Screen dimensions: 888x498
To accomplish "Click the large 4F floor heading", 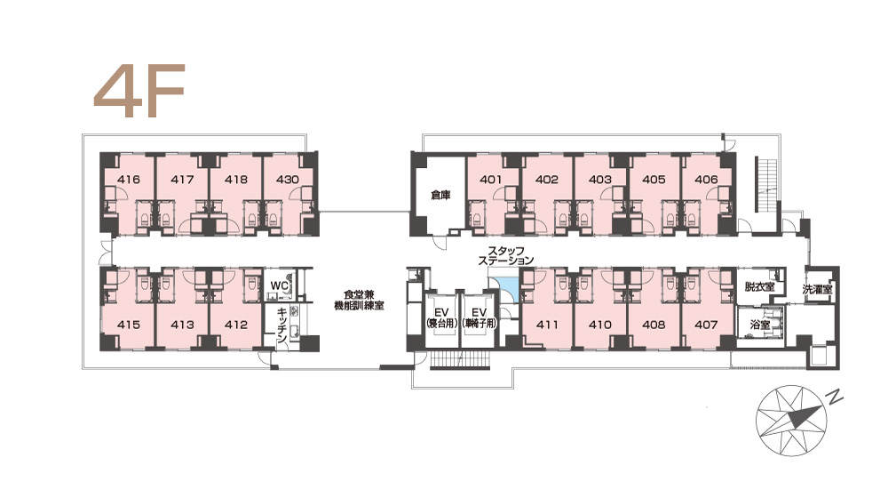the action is [139, 90].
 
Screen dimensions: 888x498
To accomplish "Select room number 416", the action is [129, 180].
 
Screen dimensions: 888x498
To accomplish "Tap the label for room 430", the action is [287, 180].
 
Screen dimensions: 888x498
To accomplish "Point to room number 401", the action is [491, 180].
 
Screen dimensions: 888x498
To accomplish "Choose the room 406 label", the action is [706, 180].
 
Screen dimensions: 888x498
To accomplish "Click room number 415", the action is [129, 325].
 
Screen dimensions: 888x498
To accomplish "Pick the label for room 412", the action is [236, 325].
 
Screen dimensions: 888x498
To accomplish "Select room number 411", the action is [547, 325].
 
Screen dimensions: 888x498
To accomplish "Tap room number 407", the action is [706, 325].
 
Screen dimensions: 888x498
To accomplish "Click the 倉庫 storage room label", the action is [440, 195].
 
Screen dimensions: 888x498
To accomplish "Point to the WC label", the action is [279, 285].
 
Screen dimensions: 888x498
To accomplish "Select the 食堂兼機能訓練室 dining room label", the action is [359, 300].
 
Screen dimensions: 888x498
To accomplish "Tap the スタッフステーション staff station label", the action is [506, 255].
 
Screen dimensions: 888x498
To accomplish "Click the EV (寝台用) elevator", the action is [441, 317].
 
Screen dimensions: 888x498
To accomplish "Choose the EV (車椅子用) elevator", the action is [480, 317].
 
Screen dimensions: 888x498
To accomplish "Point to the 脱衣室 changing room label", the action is [759, 287].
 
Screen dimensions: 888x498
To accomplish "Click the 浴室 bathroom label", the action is [759, 325].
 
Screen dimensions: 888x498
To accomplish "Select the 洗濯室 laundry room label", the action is [817, 289].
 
